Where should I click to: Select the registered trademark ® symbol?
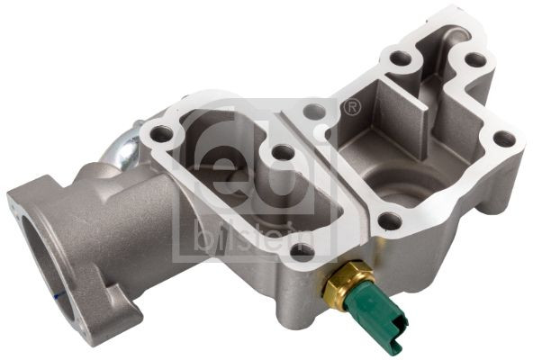coord(352,109)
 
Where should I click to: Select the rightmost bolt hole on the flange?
coord(505,139)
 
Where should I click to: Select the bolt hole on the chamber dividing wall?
coord(314,112)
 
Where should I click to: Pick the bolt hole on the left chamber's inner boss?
coord(283,153)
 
